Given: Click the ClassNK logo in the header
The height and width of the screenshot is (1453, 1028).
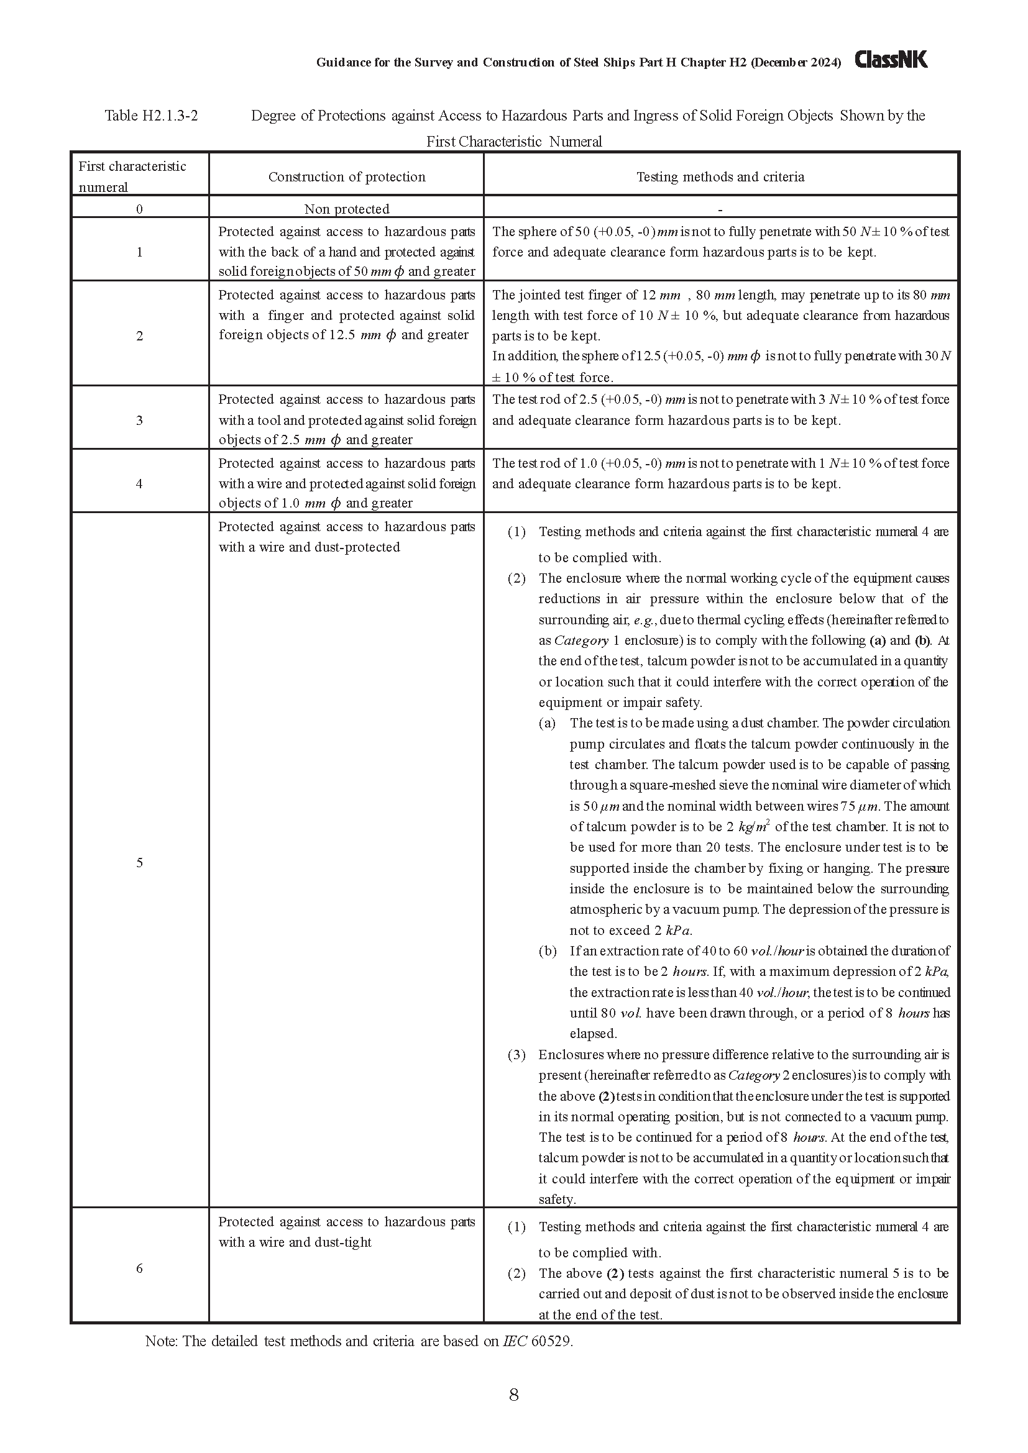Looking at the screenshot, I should coord(891,60).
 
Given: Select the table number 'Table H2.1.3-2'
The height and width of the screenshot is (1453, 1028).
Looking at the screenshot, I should coord(151,116).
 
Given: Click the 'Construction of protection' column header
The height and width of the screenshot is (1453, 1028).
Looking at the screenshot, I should coord(346,177).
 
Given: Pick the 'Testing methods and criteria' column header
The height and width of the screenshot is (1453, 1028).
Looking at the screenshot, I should coord(720,177).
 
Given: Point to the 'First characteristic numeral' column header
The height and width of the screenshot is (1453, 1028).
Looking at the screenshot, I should coord(132,176).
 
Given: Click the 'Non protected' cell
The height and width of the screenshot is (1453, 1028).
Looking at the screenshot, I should coord(346,209).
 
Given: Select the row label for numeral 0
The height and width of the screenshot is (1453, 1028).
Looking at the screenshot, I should coord(139,209).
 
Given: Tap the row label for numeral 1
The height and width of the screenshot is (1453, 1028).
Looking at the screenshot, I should coord(139,252).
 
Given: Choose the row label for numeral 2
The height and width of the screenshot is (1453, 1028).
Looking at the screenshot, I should coord(139,336).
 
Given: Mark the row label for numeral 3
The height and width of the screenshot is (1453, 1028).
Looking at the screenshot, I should coord(139,420).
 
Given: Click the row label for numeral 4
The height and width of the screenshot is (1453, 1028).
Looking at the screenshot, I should coord(139,483).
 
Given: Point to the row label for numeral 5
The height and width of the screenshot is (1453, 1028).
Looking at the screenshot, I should coord(139,863).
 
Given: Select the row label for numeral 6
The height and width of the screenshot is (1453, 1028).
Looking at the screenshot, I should coord(139,1269).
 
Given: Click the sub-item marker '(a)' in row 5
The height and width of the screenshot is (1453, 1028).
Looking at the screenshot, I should coord(547,723).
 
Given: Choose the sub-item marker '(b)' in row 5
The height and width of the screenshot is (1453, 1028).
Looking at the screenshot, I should coord(548,951).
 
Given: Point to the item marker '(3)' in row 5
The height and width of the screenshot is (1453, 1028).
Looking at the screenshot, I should coord(516,1055).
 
